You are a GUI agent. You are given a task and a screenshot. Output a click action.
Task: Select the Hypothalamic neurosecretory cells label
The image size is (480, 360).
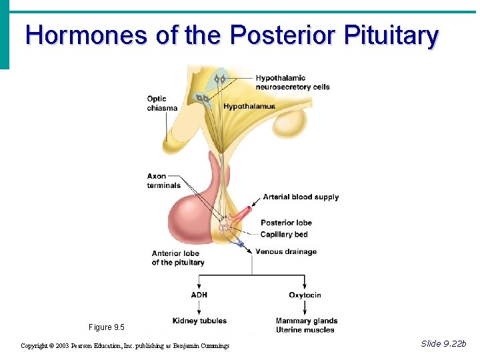293,82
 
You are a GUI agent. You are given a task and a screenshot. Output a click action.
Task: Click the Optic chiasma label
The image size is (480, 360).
162,103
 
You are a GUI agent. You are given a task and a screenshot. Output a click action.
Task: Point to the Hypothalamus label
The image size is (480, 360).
249,107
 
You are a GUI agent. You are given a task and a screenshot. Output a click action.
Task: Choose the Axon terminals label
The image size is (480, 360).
164,181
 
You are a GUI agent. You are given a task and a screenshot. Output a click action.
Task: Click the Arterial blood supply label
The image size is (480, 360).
301,197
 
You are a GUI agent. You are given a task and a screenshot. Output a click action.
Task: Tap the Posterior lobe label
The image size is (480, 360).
286,223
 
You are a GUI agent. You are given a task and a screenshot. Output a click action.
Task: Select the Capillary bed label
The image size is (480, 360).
284,235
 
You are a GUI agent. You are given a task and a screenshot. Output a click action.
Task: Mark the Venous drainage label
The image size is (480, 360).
285,252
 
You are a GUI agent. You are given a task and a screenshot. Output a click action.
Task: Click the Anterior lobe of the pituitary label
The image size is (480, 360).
178,258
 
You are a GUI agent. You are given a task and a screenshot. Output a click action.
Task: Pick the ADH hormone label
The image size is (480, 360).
199,295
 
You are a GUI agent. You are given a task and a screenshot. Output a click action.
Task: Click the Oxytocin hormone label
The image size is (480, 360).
305,295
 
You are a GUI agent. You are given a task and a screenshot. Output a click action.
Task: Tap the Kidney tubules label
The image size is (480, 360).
199,321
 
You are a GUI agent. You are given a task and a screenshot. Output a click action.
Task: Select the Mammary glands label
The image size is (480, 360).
306,321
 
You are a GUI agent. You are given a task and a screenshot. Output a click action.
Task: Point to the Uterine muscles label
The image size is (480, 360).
305,330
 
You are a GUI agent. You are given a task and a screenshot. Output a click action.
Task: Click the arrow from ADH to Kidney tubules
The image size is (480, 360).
199,308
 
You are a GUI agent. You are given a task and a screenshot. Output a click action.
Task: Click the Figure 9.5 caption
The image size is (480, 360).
106,327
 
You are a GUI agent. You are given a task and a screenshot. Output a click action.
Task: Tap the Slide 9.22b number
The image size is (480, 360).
444,344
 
